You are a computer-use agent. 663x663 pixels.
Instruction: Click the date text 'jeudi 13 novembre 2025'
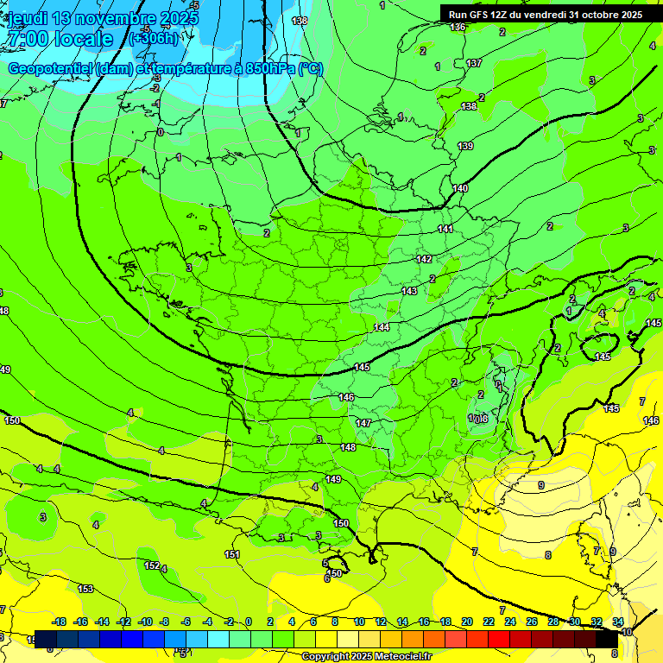click(102, 18)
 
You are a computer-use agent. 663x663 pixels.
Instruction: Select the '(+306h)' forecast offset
click(153, 39)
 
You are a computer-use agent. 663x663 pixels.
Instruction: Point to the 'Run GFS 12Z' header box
click(545, 15)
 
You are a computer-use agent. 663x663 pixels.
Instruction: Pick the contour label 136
click(458, 28)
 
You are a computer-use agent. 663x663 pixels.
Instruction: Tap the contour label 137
click(474, 64)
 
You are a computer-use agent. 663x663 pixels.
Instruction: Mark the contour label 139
click(465, 147)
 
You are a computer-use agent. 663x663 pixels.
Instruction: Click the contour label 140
click(460, 188)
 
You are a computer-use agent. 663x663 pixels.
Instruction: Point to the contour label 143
click(409, 292)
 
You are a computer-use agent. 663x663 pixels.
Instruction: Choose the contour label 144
click(382, 328)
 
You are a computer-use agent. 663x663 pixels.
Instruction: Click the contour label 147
click(363, 423)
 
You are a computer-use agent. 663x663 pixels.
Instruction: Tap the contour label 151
click(232, 554)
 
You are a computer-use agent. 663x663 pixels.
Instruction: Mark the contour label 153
click(85, 589)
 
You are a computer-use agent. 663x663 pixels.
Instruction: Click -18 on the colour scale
click(60, 622)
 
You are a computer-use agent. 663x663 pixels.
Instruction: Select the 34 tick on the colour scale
click(618, 622)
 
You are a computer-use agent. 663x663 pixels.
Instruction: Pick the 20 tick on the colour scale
click(466, 622)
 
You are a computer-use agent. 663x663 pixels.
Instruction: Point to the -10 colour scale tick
click(146, 622)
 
